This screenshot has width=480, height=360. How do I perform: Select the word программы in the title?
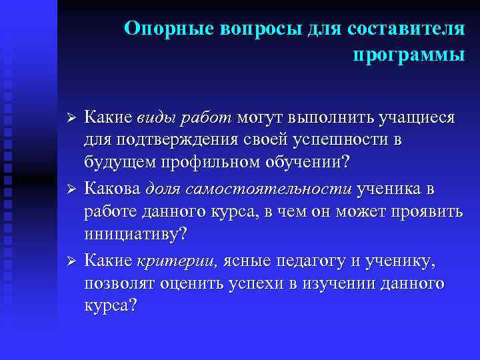tap(408, 55)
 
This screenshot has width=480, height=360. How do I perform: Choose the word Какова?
tap(113, 189)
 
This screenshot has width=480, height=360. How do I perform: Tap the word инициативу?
tap(134, 235)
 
